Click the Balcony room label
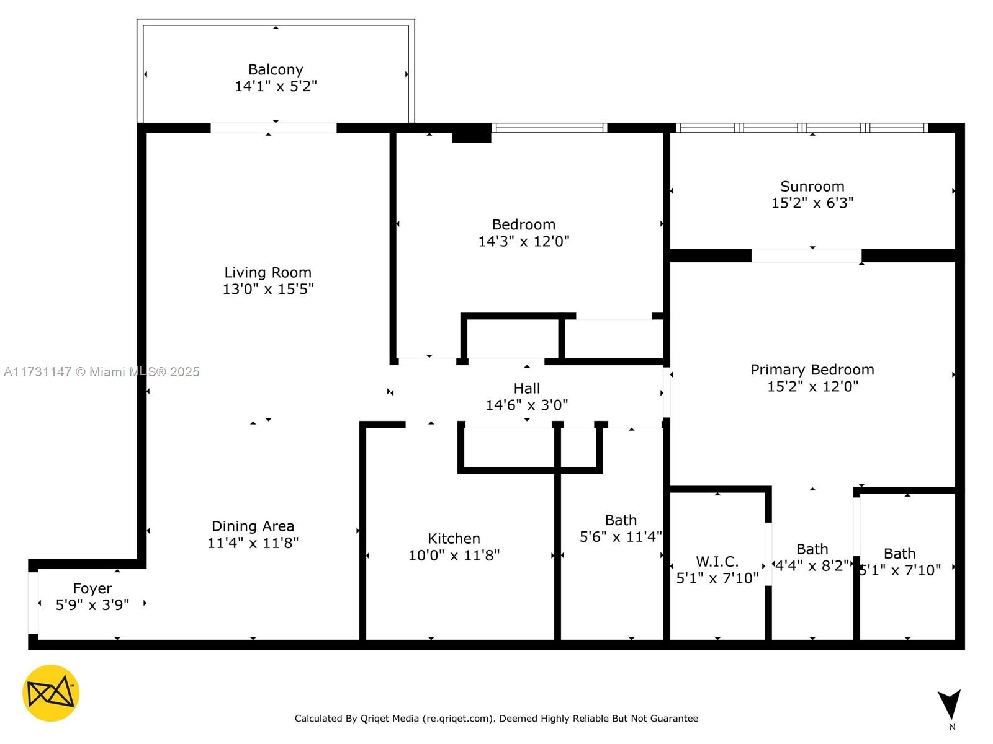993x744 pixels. coord(276,69)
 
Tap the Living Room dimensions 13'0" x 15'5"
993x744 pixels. coord(268,289)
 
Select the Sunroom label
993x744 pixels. coord(812,186)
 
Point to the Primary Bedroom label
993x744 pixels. coord(812,370)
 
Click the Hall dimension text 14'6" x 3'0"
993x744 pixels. coord(526,405)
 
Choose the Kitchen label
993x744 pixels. coord(454,538)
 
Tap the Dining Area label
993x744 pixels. coord(253,526)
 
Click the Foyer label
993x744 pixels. coord(92,588)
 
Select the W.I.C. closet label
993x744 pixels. coord(717,562)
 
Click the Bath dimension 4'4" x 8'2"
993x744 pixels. coord(812,565)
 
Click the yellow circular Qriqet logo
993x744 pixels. coord(51,693)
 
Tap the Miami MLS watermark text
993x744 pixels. coord(101,372)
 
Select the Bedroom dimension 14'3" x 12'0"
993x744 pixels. coord(523,241)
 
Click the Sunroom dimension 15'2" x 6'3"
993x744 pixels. coord(812,203)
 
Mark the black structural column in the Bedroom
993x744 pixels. coord(472,133)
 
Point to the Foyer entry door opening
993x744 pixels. coord(33,603)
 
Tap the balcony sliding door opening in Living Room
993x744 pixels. coord(273,128)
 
